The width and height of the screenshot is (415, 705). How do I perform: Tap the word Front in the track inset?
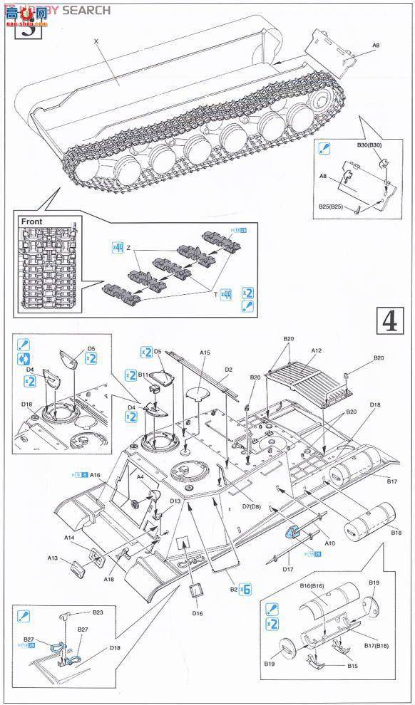coord(32,221)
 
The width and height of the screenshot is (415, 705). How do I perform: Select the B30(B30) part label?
coord(370,145)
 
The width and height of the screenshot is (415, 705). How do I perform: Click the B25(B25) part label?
coord(333,207)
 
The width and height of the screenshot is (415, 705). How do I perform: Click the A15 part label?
coord(205,352)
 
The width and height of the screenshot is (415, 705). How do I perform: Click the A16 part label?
coord(96,474)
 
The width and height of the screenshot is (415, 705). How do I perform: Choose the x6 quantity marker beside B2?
coord(247,589)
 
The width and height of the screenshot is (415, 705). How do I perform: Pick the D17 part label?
coord(287,568)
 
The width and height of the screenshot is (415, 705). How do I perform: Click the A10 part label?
coord(330,543)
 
